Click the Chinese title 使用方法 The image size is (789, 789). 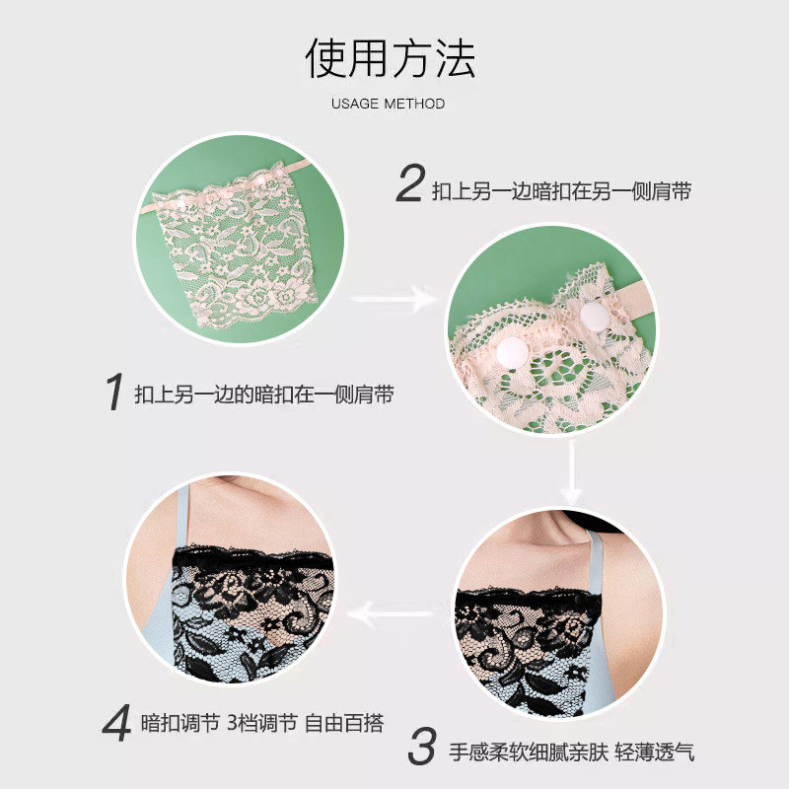pos(390,58)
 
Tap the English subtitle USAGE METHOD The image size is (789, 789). pos(388,104)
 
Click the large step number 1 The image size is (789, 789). pos(114,392)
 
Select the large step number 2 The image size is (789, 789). pos(410,183)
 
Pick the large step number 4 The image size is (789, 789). pos(116,723)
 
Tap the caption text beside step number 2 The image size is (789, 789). pos(561,191)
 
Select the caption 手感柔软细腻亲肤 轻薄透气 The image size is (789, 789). pos(572,753)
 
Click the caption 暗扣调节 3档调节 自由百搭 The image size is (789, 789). pos(262,723)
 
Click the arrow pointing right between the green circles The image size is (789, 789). pos(394,300)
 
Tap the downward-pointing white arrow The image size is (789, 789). pos(572,473)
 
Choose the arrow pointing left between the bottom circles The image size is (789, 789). pos(390,613)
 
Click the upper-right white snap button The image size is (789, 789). pos(596,316)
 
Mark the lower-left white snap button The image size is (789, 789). pos(512,351)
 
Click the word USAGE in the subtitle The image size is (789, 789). pos(355,104)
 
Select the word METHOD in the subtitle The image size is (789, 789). pos(414,104)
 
